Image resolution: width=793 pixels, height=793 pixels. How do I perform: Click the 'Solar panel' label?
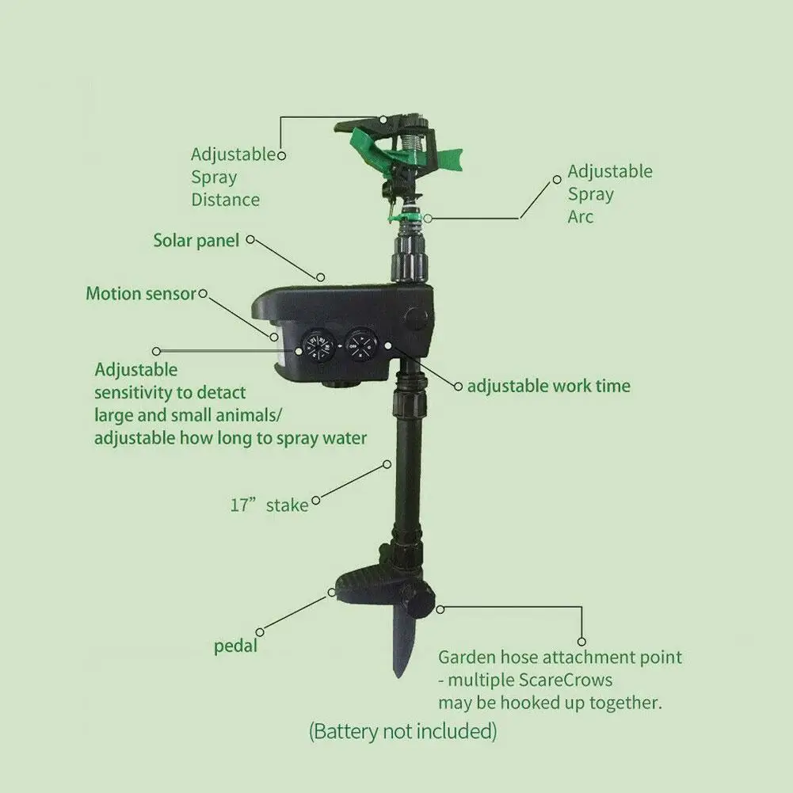196,240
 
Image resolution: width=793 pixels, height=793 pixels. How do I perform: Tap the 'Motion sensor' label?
140,294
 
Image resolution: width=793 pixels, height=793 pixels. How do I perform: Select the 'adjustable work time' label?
548,387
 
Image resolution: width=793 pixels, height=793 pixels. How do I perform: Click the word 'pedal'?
236,646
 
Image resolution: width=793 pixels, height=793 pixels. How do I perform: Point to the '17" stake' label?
269,505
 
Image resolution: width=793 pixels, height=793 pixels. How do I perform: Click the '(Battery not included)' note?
403,730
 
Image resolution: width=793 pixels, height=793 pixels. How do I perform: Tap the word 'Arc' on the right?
580,216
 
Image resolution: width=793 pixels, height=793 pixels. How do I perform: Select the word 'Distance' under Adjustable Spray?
225,200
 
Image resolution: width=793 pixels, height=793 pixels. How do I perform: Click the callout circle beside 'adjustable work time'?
458,387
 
